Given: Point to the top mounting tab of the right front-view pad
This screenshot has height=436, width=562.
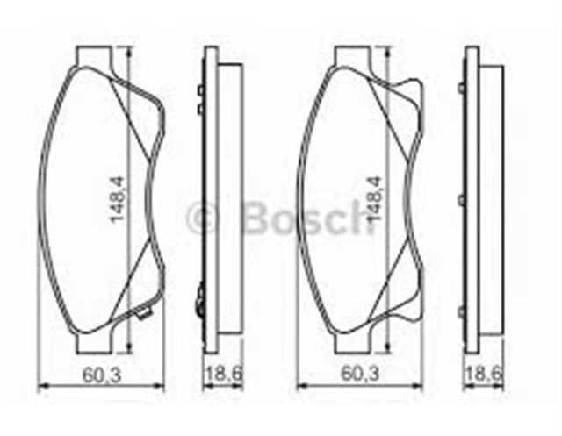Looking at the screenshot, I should coord(355,57).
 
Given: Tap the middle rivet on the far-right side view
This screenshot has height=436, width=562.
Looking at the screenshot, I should coord(462,200).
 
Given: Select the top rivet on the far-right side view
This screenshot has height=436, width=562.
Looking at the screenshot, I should coord(462,88).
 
